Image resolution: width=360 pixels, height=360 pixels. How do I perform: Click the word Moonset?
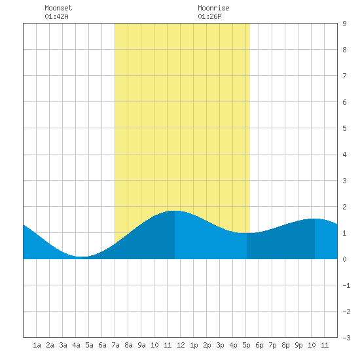tap(58, 8)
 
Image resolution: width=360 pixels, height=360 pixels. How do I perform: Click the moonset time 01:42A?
tap(56, 16)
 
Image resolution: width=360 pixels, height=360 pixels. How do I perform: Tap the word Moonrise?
tap(213, 8)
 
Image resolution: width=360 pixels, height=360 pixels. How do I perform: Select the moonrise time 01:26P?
tap(209, 16)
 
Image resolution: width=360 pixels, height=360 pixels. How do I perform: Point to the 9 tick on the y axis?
tap(344, 24)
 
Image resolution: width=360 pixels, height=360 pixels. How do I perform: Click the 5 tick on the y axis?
tap(344, 128)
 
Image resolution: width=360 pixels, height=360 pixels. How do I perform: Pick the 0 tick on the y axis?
tap(344, 259)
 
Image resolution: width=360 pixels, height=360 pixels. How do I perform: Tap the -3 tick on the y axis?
tap(346, 338)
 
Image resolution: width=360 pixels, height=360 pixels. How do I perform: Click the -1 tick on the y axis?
tap(346, 285)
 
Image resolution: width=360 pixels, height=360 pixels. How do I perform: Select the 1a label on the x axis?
tap(37, 345)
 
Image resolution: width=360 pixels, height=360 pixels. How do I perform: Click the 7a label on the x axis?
tap(115, 345)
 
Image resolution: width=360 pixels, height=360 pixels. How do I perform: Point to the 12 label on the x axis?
tap(181, 345)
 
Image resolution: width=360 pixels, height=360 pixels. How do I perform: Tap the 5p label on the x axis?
tap(246, 345)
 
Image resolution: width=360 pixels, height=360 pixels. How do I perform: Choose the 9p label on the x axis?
tap(298, 345)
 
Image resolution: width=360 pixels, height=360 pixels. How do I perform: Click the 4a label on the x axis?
tap(76, 345)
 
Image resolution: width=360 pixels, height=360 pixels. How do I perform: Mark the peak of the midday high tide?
tap(175, 211)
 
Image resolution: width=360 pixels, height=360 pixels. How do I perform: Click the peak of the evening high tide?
tap(315, 219)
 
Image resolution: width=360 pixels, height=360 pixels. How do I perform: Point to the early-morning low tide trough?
tap(82, 257)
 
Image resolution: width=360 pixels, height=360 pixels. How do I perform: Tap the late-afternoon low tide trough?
tap(247, 233)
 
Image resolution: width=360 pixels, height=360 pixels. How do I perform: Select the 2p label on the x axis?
tap(207, 345)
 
